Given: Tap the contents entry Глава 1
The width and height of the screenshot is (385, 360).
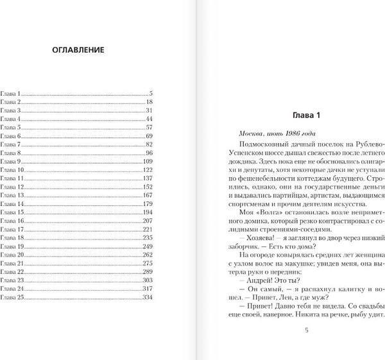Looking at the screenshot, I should click(x=11, y=94).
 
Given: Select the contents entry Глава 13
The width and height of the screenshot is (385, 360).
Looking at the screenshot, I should click(x=12, y=194).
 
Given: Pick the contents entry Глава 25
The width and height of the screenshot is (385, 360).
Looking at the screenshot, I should click(x=12, y=297).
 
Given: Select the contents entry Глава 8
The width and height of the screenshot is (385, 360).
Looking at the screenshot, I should click(x=11, y=153).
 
